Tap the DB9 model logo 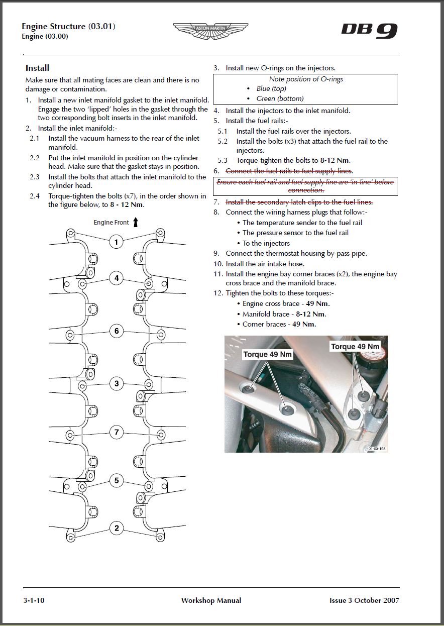coord(369,31)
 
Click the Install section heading coord(37,68)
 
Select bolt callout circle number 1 coord(116,242)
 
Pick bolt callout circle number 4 coord(116,278)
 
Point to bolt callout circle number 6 coord(116,331)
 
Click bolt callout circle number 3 coord(116,384)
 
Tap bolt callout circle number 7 coord(116,432)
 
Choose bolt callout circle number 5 coord(116,480)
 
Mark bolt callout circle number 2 coord(116,528)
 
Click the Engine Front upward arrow coord(136,222)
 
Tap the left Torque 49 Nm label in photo coord(267,354)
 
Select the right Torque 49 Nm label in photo coord(355,347)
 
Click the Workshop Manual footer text coord(211,600)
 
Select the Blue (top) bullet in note coord(271,88)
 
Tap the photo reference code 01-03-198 coord(377,449)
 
